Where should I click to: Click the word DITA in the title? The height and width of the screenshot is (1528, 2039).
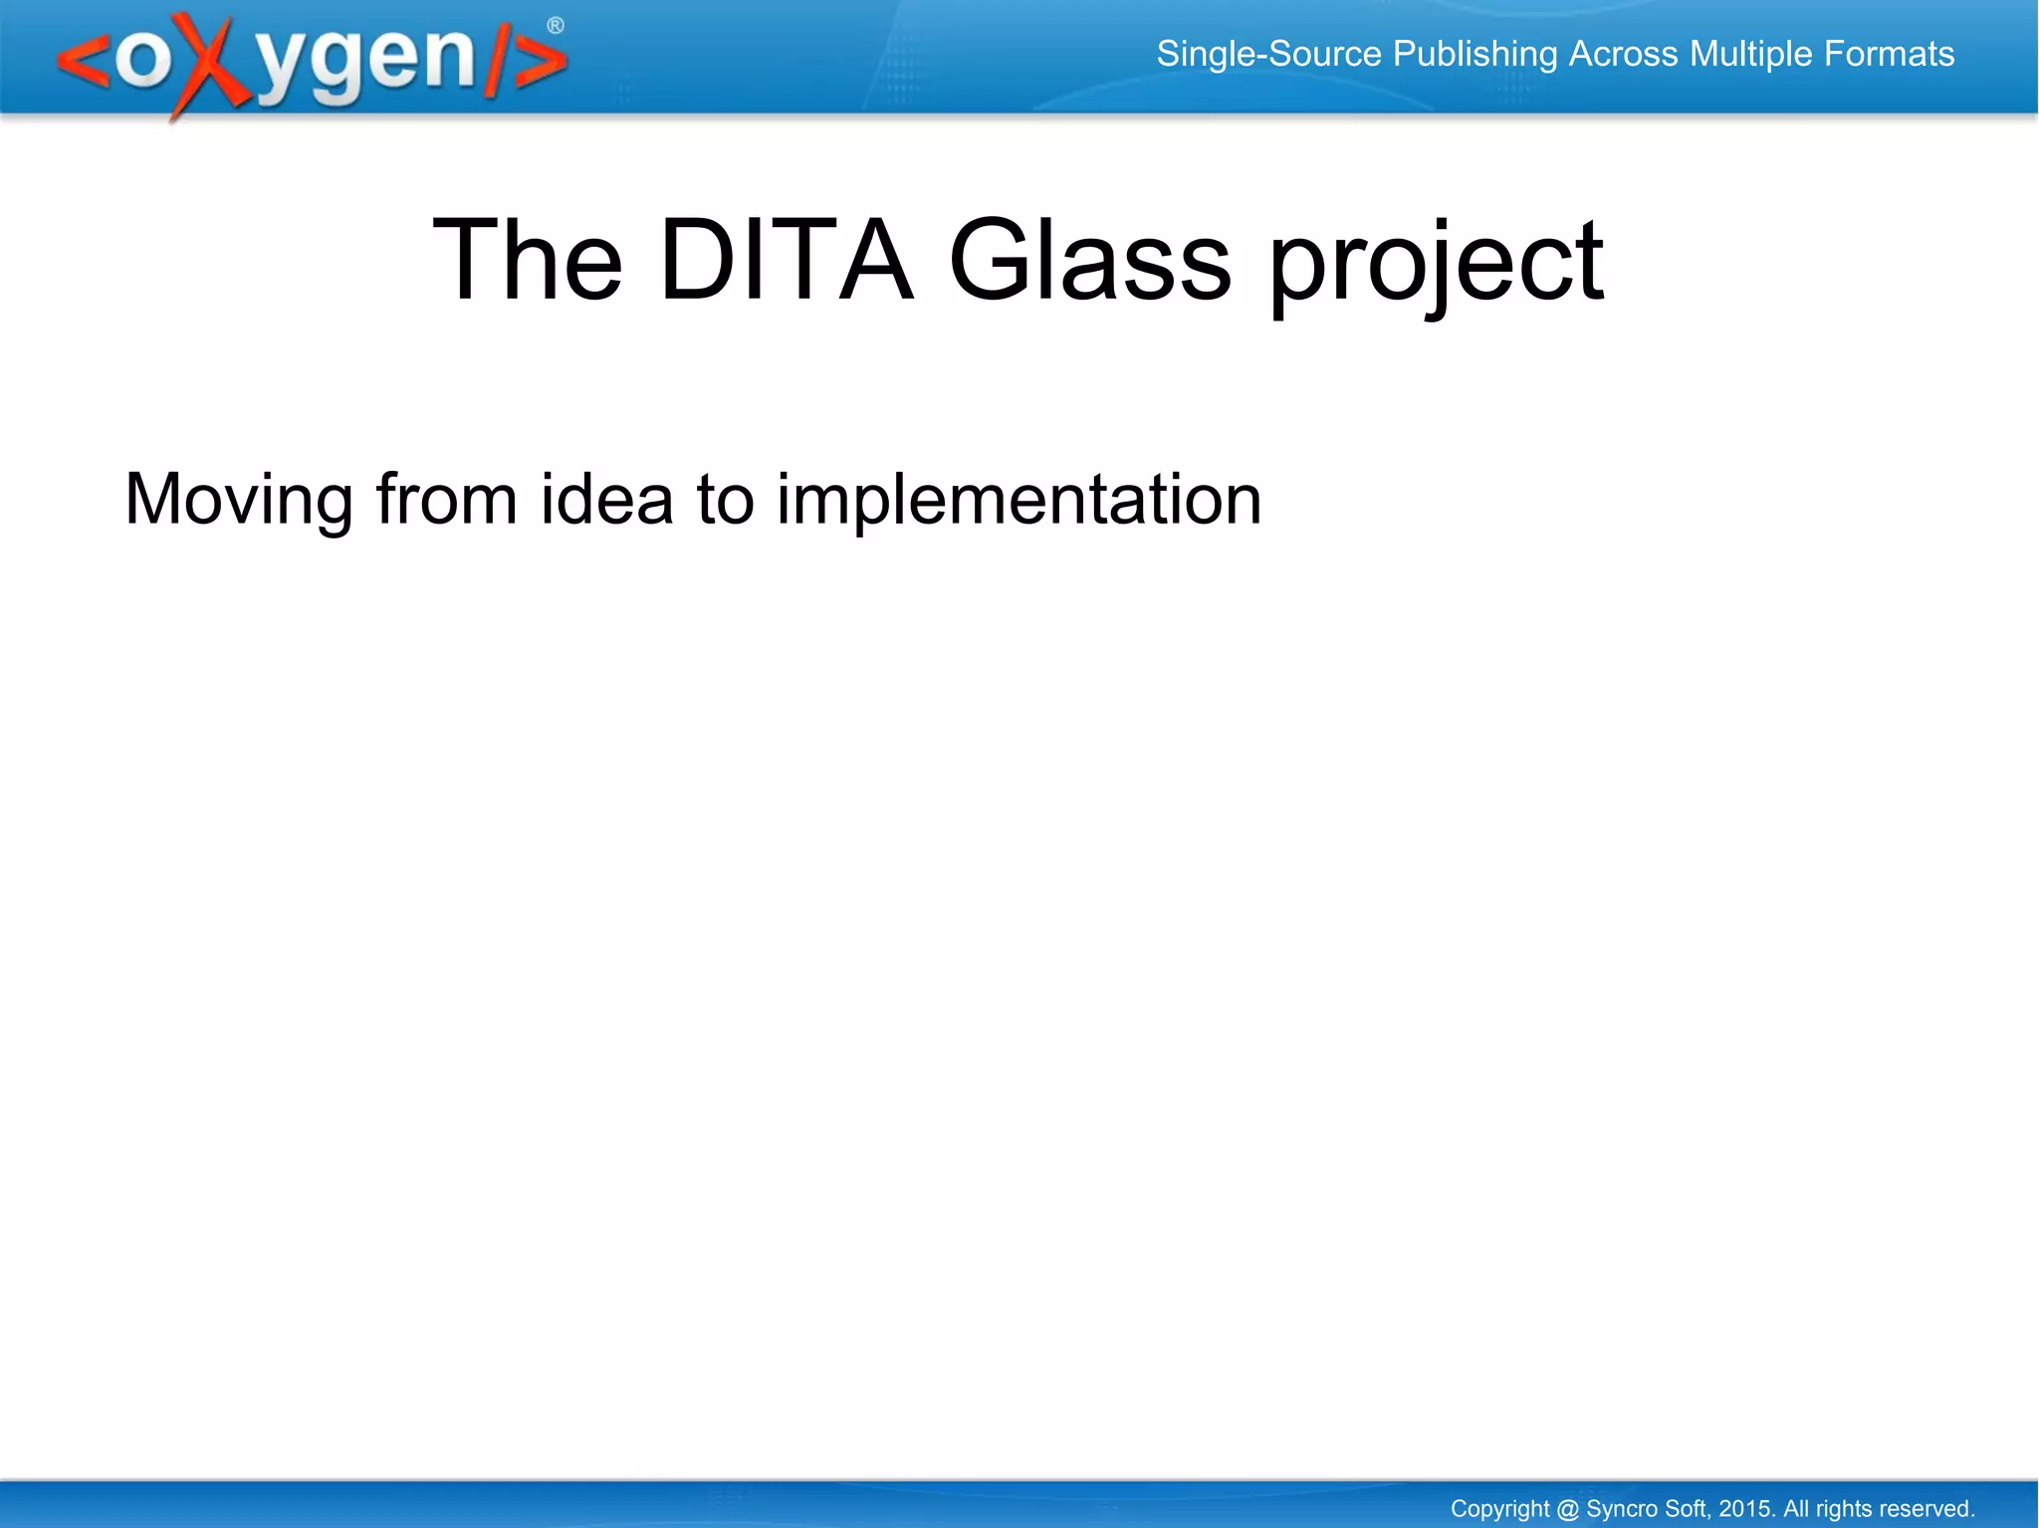(x=786, y=261)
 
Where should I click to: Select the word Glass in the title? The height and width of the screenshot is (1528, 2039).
(x=1089, y=261)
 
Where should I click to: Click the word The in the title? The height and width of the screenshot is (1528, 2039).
(x=528, y=261)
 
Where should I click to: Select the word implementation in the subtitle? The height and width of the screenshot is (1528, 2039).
(x=1019, y=500)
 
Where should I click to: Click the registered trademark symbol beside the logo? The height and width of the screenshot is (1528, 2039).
(x=556, y=26)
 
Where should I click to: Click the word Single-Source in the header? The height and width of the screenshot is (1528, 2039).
(x=1268, y=54)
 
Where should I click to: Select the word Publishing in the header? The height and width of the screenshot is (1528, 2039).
(x=1474, y=55)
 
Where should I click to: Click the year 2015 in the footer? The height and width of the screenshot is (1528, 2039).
(x=1746, y=1509)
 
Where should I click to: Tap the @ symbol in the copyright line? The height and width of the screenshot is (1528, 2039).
(x=1567, y=1509)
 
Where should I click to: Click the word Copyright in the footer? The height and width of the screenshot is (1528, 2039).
(x=1499, y=1510)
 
